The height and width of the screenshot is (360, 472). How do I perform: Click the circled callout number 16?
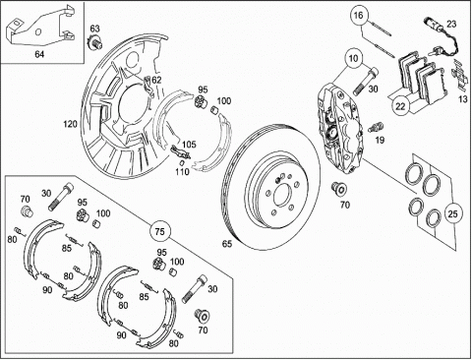tap(359, 15)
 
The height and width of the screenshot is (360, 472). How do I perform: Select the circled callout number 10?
tap(353, 59)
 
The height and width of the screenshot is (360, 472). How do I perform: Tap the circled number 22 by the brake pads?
tap(400, 106)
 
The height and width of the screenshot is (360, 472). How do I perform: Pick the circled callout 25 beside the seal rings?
tap(452, 213)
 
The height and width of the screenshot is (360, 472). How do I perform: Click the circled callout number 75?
tap(159, 231)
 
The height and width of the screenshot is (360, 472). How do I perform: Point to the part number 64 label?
tap(39, 54)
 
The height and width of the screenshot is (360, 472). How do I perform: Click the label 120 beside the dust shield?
tap(70, 124)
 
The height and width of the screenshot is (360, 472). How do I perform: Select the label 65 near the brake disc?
tap(227, 244)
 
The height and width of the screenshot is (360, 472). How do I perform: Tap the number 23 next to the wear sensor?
tap(451, 24)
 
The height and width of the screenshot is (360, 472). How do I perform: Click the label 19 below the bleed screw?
tap(380, 140)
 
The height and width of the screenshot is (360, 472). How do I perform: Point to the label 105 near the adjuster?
tap(189, 145)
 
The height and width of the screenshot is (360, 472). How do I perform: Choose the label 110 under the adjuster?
tap(182, 171)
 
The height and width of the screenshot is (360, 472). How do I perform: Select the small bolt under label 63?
tap(95, 42)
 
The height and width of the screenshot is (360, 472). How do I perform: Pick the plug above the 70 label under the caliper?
tap(338, 189)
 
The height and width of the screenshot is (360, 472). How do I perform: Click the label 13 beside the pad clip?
tap(462, 98)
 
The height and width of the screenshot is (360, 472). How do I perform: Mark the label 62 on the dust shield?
tap(156, 80)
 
